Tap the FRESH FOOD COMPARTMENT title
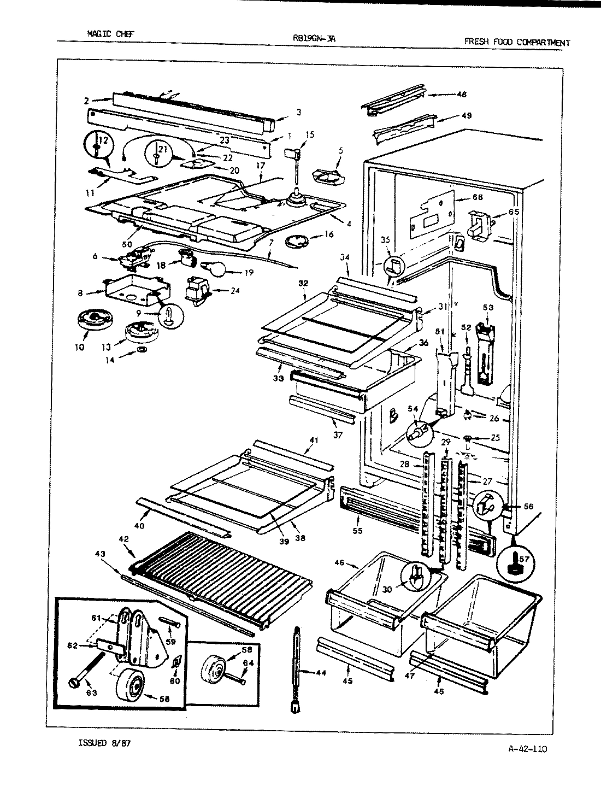(516, 42)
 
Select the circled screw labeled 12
(97, 145)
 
